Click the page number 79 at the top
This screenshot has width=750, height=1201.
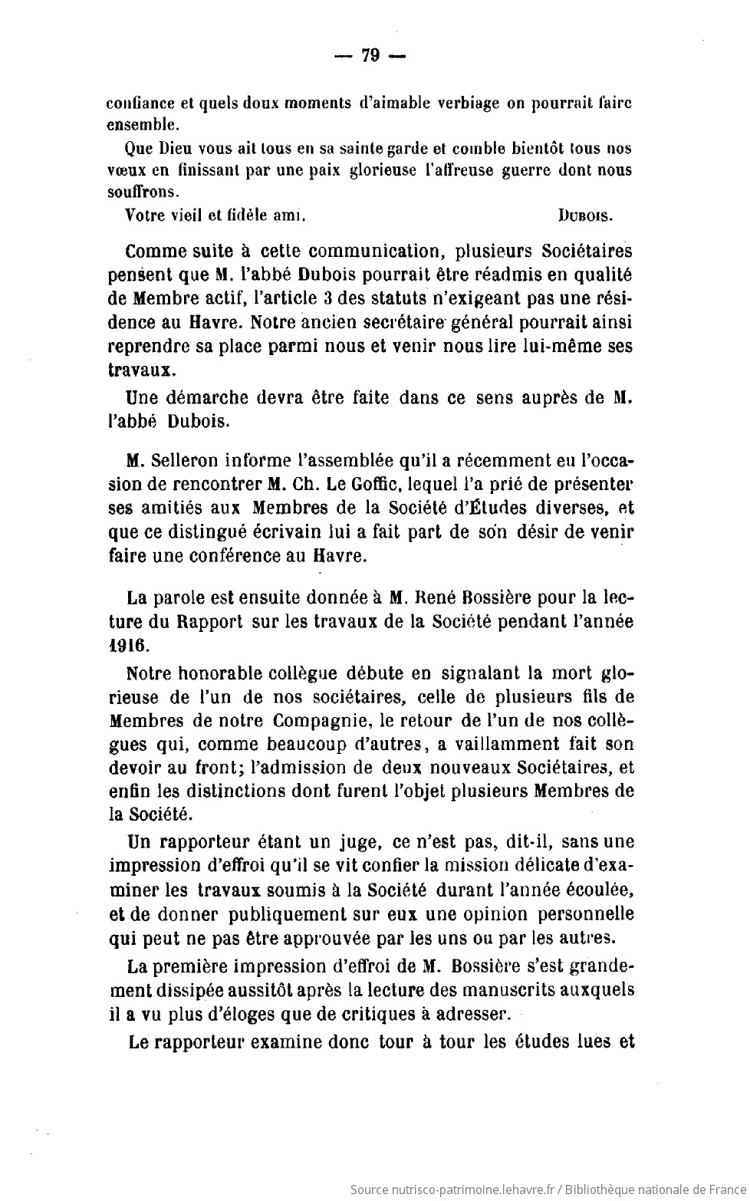[370, 58]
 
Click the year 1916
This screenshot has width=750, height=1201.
[128, 644]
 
